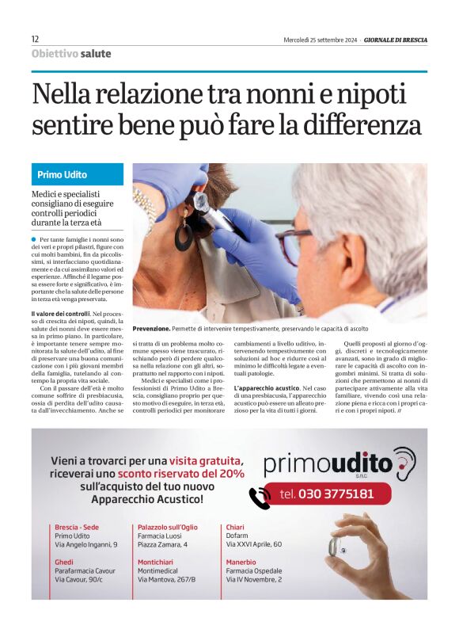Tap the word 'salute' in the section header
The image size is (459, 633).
point(95,54)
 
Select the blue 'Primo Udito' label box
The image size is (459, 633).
point(78,174)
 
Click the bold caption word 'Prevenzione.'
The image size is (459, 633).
point(151,327)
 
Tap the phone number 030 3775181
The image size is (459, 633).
point(327,494)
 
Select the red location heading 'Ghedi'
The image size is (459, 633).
point(64,560)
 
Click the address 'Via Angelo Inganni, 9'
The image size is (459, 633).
point(85,545)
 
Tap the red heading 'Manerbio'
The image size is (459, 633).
point(243,560)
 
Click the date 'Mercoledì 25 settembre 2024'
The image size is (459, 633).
point(320,40)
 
